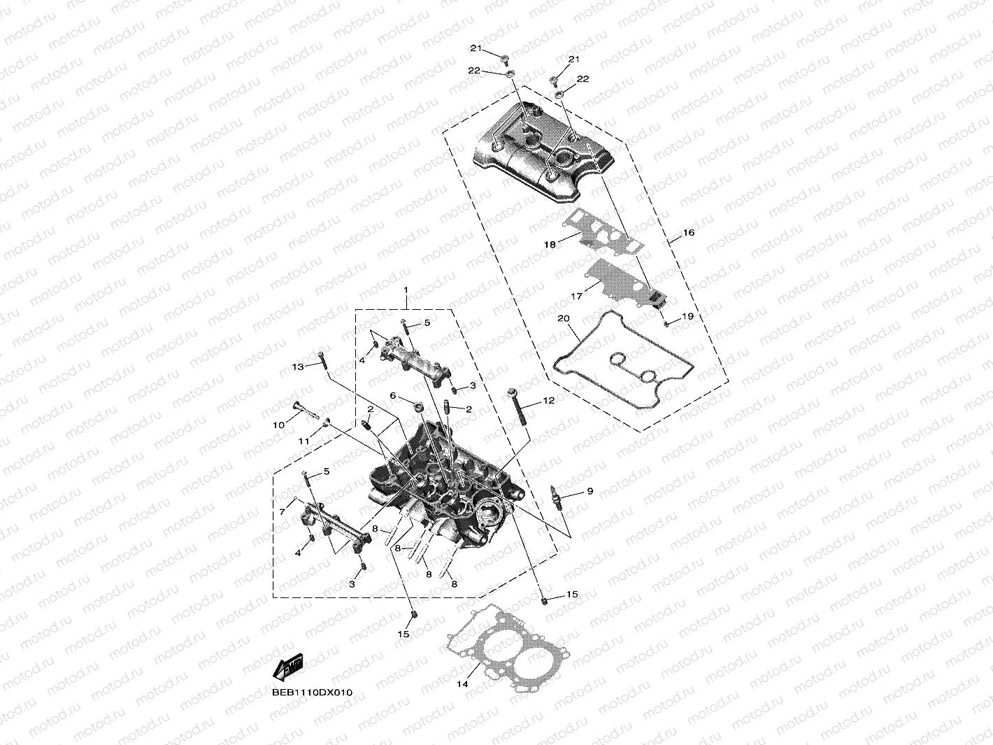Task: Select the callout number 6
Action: coord(393,396)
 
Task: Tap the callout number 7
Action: coord(282,512)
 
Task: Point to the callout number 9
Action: coord(590,492)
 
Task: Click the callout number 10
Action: coord(278,425)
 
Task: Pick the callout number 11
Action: coord(303,441)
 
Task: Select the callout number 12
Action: coord(548,401)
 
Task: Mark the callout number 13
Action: coord(298,367)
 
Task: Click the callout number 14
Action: coord(462,684)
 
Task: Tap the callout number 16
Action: coord(688,232)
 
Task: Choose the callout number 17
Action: coord(576,297)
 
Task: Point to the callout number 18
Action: coord(550,245)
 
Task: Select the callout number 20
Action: coord(564,318)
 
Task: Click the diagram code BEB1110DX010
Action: coord(313,693)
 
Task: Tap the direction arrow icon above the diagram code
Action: coord(287,668)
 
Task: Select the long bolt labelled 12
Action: coord(518,409)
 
